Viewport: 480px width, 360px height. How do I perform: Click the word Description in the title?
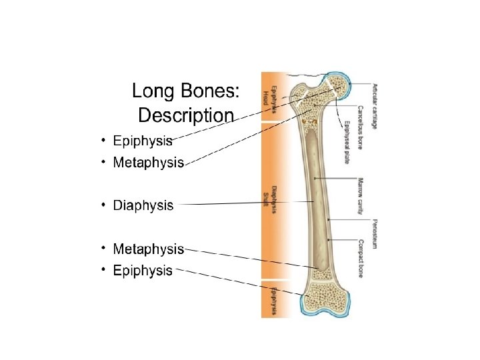tap(185, 115)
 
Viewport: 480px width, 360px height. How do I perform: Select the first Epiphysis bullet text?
tap(143, 141)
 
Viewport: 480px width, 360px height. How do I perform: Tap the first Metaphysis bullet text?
tap(148, 163)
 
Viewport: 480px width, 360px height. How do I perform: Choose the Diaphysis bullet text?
tap(143, 205)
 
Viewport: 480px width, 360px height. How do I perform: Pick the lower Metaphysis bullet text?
tap(148, 249)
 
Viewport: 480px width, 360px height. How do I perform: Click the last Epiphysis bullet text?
tap(143, 270)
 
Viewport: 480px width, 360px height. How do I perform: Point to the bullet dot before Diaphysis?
tap(103, 204)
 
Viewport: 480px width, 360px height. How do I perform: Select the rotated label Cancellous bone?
tap(360, 127)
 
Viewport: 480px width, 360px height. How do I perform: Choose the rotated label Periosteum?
tap(375, 233)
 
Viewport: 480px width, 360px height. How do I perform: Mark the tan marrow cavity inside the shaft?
tap(316, 200)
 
